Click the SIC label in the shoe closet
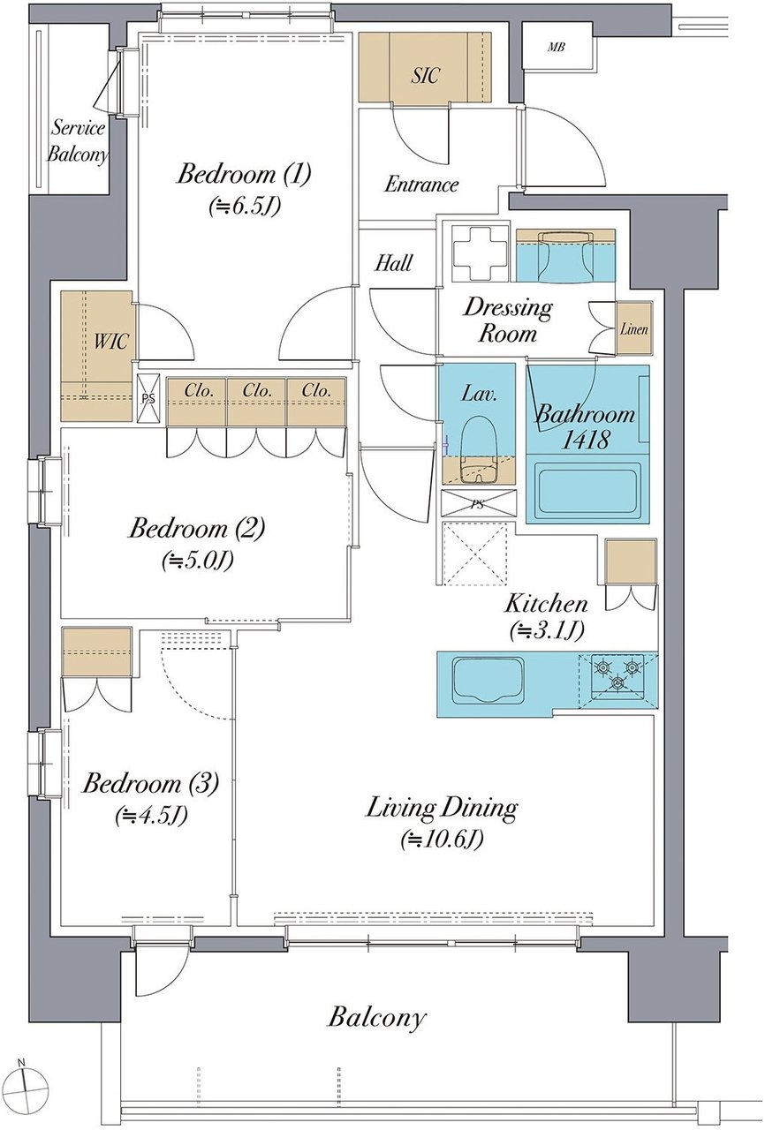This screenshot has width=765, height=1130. (x=424, y=75)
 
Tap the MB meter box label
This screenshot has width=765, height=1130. (x=557, y=48)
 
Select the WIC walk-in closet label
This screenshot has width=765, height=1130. (x=111, y=342)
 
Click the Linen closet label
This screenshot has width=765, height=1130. (x=633, y=329)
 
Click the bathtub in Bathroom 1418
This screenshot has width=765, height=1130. (x=587, y=489)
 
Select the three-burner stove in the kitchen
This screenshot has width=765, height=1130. (x=617, y=676)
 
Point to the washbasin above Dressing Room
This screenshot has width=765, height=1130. (x=565, y=256)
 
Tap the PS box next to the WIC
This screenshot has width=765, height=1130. (x=148, y=398)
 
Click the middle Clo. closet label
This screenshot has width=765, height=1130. (x=257, y=390)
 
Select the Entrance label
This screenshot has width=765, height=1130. (x=421, y=185)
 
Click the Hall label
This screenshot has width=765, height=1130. (x=394, y=263)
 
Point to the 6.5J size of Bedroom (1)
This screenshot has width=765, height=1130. (x=244, y=207)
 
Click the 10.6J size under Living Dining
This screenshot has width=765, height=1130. (x=442, y=840)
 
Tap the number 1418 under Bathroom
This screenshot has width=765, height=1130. (x=586, y=440)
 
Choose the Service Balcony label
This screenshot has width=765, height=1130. (x=77, y=141)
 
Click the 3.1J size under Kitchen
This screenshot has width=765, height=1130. (x=547, y=629)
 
